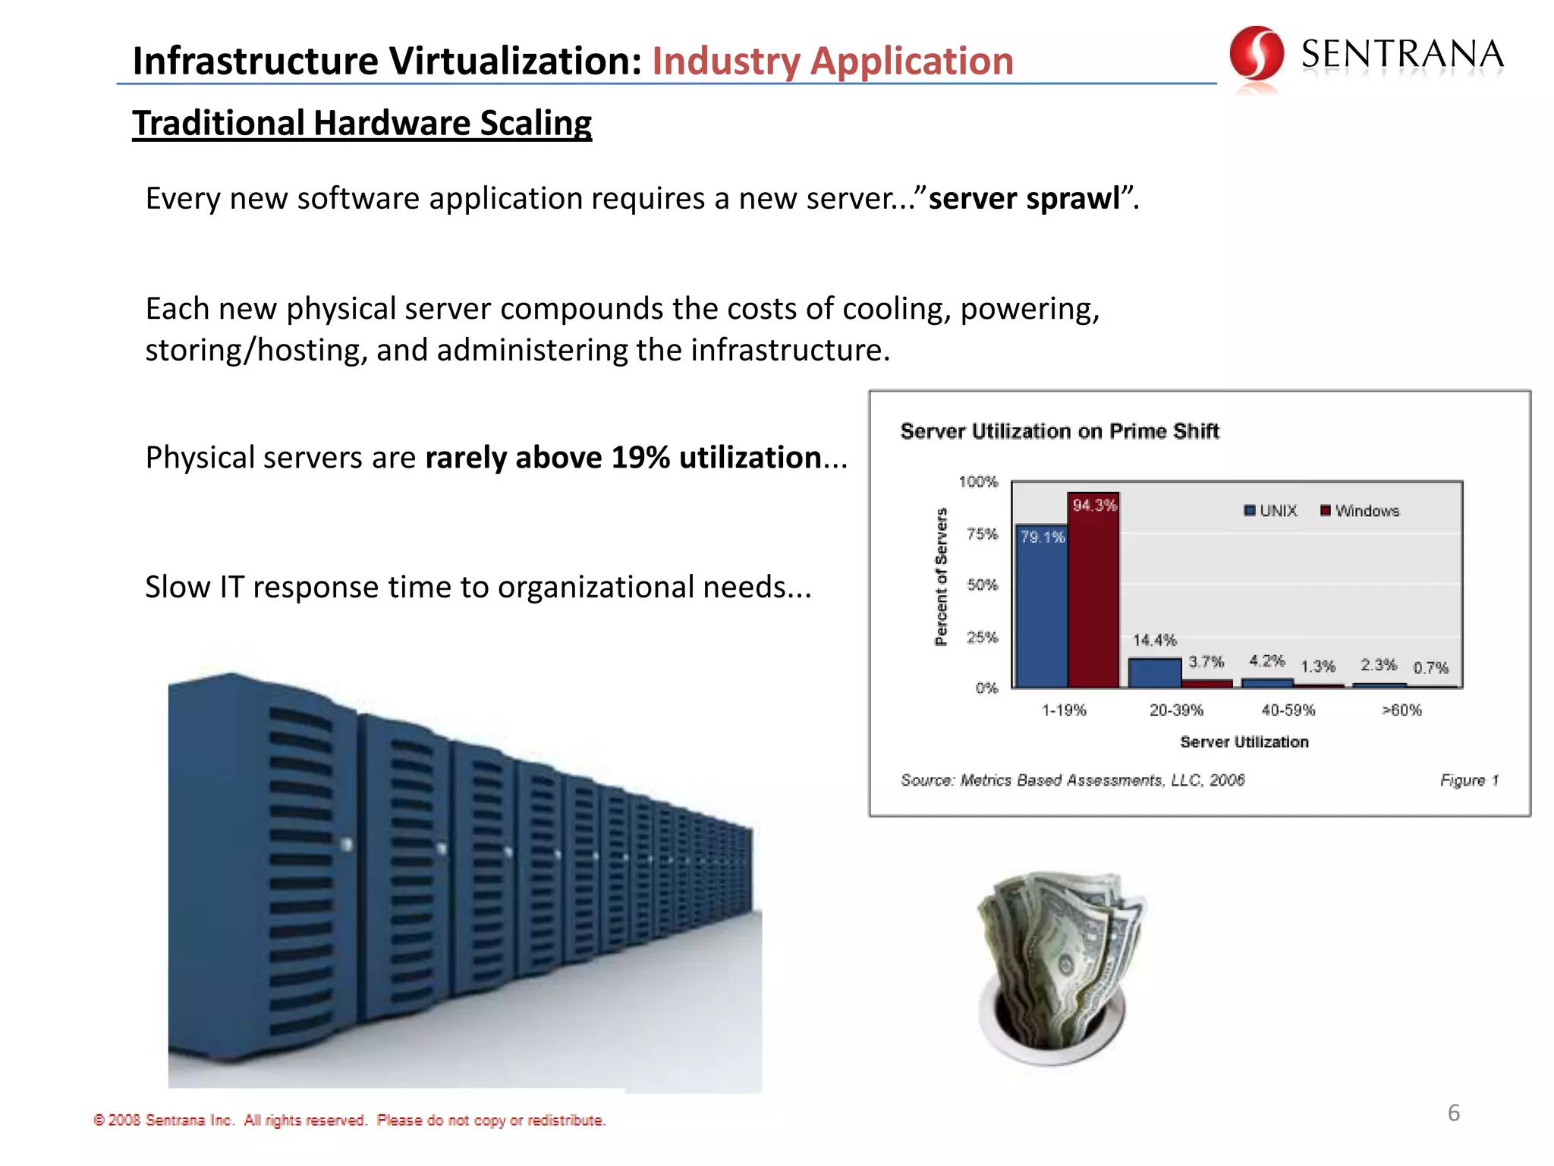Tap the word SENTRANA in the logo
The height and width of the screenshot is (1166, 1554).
pyautogui.click(x=1402, y=55)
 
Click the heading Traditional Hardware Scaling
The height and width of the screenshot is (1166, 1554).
pyautogui.click(x=362, y=123)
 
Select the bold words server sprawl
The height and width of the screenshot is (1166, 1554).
pyautogui.click(x=1024, y=198)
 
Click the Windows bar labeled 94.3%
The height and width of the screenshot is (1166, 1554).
pyautogui.click(x=1093, y=592)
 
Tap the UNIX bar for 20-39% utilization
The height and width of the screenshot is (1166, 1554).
pyautogui.click(x=1154, y=673)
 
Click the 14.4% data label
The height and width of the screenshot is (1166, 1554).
pyautogui.click(x=1154, y=640)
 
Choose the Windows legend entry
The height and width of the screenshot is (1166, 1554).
pyautogui.click(x=1360, y=511)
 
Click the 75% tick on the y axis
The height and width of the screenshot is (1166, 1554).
pyautogui.click(x=982, y=534)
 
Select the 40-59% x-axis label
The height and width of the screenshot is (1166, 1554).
pyautogui.click(x=1288, y=710)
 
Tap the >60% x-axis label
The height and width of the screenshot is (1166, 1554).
pyautogui.click(x=1401, y=710)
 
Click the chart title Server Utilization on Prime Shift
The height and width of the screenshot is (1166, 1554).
pyautogui.click(x=1059, y=431)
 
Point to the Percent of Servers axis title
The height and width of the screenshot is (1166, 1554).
pyautogui.click(x=942, y=577)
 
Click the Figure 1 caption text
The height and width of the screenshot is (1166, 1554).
pyautogui.click(x=1469, y=780)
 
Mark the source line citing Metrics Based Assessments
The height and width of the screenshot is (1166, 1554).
pyautogui.click(x=1072, y=780)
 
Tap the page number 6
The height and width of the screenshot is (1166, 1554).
pyautogui.click(x=1453, y=1113)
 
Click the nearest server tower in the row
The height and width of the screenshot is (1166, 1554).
pyautogui.click(x=258, y=865)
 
